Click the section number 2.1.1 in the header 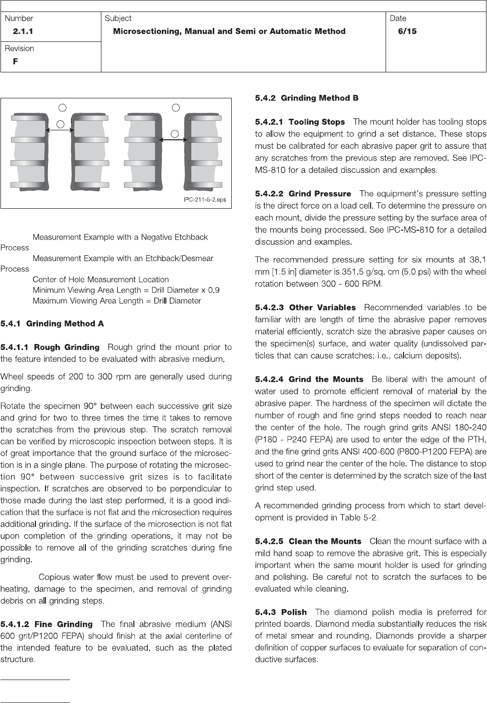(23, 31)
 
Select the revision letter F (15, 61)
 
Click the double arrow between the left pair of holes (59, 130)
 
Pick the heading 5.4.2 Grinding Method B (307, 98)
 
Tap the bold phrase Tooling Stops (317, 122)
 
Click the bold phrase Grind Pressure (320, 194)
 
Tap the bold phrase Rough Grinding (67, 347)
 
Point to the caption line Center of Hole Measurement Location (100, 280)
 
